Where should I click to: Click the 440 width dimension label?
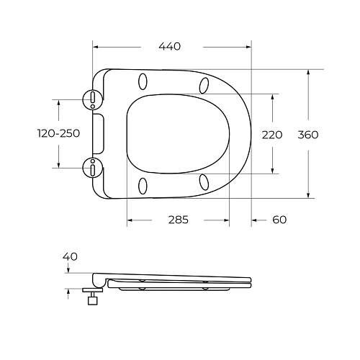click(x=170, y=46)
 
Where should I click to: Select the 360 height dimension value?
click(x=307, y=134)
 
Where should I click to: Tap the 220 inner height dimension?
click(x=272, y=134)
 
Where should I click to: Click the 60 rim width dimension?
click(x=279, y=220)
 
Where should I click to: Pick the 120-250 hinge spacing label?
click(x=58, y=134)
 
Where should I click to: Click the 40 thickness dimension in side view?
click(x=70, y=256)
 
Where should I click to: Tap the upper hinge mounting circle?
click(x=94, y=99)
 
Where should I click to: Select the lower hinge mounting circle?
click(x=94, y=168)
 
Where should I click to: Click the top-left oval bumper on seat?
click(x=142, y=81)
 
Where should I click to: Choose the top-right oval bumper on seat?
click(x=204, y=85)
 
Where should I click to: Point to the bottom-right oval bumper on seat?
click(x=204, y=181)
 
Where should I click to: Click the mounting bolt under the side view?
click(x=92, y=298)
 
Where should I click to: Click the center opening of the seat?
click(x=176, y=133)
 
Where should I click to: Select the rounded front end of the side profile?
click(x=249, y=282)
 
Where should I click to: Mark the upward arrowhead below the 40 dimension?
click(x=68, y=290)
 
